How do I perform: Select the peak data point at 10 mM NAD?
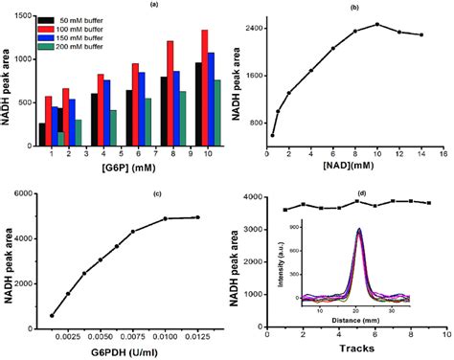[x=377, y=24]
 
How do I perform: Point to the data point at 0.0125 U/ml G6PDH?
[x=198, y=217]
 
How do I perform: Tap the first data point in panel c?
[x=52, y=315]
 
